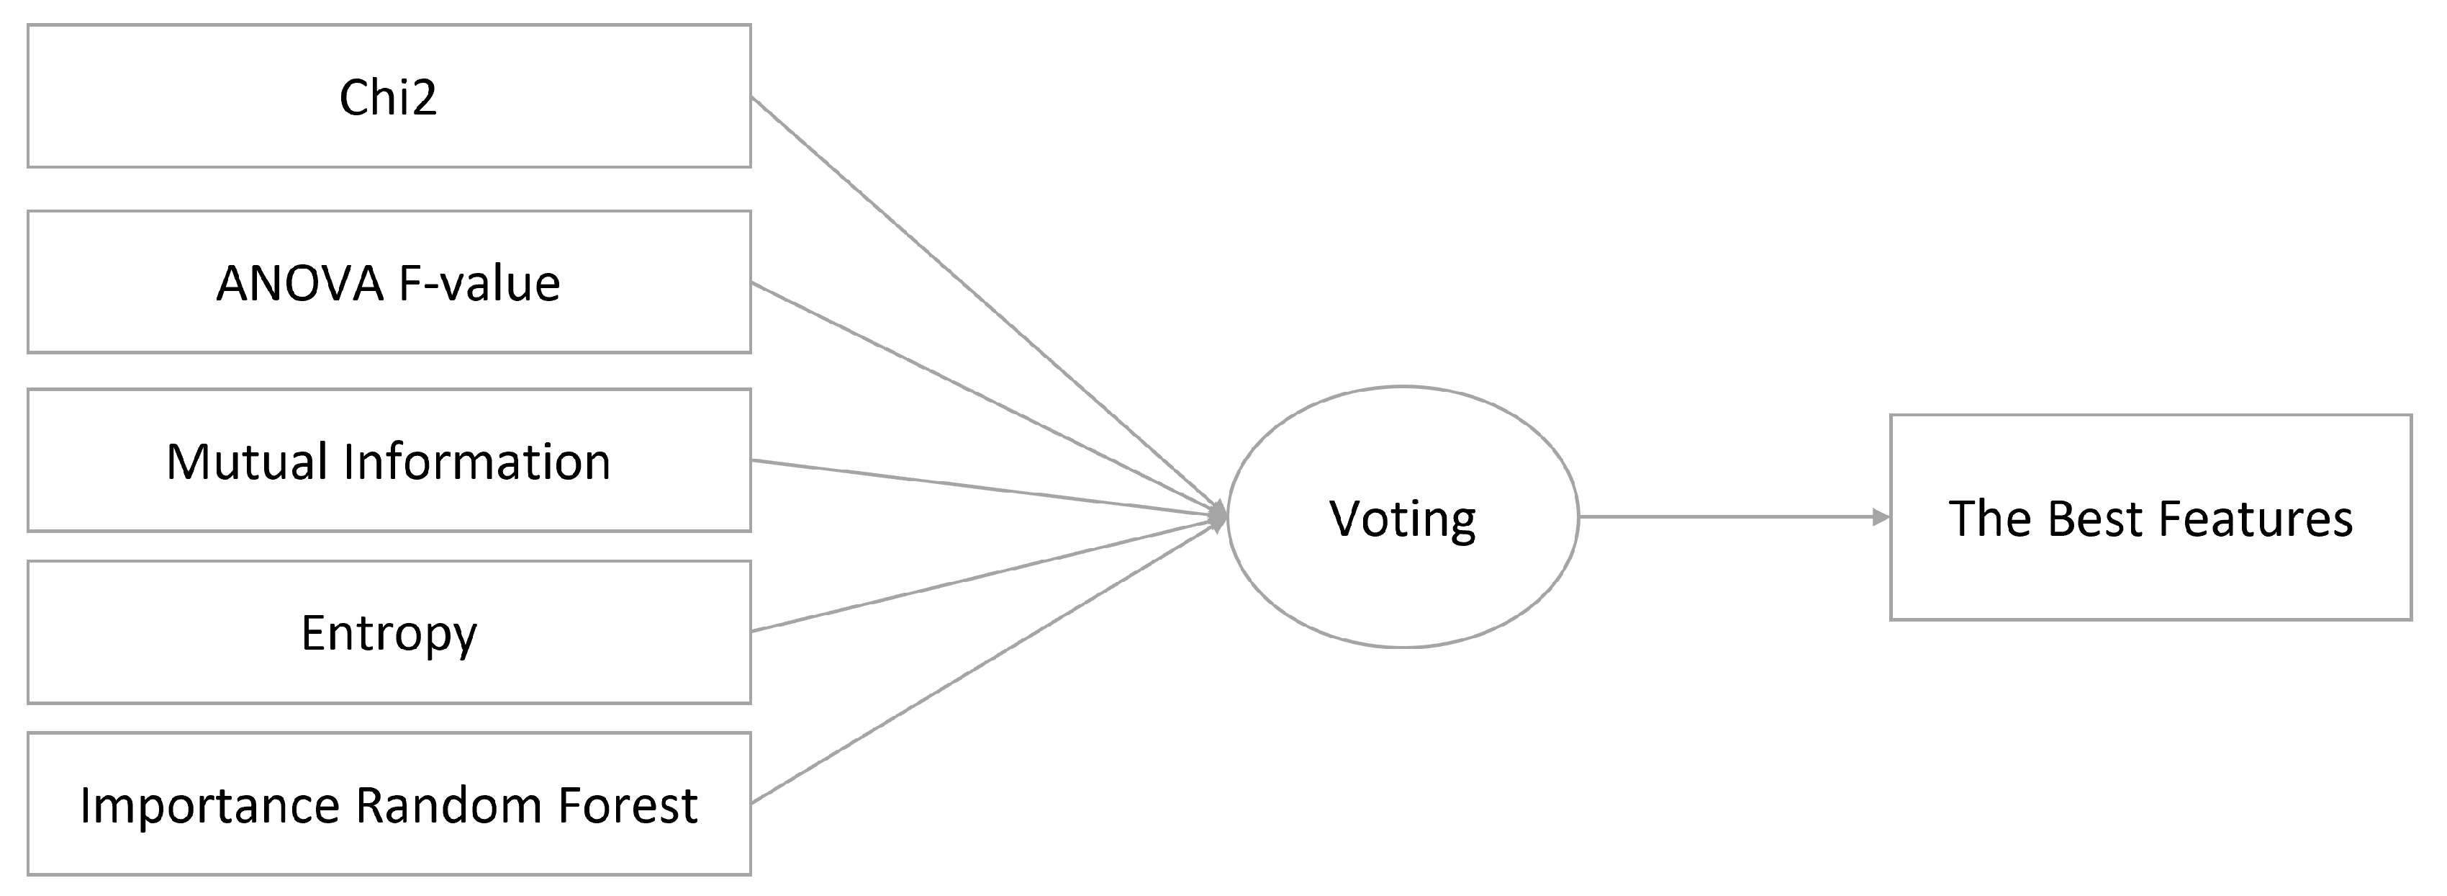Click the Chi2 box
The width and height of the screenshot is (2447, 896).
pyautogui.click(x=389, y=96)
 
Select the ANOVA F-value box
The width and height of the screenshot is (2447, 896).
pyautogui.click(x=389, y=282)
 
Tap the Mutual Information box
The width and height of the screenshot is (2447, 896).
pyautogui.click(x=389, y=461)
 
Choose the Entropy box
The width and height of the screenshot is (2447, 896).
pyautogui.click(x=389, y=633)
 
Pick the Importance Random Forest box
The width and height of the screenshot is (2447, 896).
pyautogui.click(x=389, y=804)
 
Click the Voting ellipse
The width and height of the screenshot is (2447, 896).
pyautogui.click(x=1402, y=518)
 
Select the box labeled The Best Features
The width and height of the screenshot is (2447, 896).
pyautogui.click(x=2150, y=518)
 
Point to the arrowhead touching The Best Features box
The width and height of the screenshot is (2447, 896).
pyautogui.click(x=1880, y=517)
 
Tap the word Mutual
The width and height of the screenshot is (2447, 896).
pyautogui.click(x=247, y=462)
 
